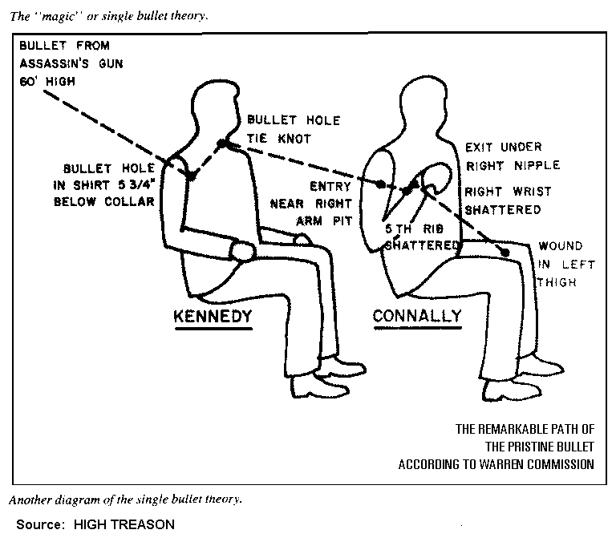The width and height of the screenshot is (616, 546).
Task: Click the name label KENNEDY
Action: [x=213, y=317]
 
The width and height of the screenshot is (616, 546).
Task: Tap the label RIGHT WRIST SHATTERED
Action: [x=502, y=201]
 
